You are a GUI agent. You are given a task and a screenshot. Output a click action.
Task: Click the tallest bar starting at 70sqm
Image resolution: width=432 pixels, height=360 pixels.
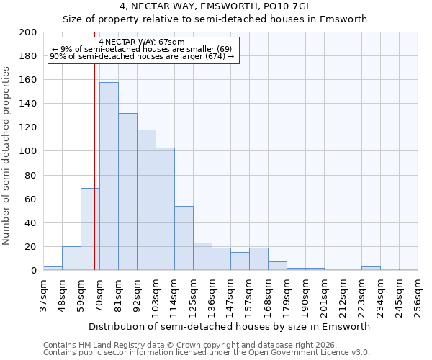[109, 176]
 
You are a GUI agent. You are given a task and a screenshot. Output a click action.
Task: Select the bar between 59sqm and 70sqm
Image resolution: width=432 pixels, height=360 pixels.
[90, 229]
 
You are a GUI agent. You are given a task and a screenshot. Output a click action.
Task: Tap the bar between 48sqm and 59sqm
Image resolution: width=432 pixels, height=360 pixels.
[71, 258]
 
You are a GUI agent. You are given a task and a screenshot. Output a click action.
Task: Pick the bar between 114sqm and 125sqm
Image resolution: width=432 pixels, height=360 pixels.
[184, 238]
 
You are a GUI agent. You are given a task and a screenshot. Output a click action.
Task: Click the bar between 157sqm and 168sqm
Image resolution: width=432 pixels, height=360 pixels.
[258, 259]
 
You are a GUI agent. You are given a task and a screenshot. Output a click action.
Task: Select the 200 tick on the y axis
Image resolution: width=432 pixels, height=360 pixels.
[28, 32]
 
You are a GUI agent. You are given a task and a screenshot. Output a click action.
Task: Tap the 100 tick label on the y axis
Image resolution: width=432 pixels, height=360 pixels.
[28, 151]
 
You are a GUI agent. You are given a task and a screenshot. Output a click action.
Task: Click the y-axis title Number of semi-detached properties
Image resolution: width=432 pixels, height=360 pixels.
[7, 156]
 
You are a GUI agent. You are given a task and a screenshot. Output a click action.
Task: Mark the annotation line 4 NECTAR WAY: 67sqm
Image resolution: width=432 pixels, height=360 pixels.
[142, 42]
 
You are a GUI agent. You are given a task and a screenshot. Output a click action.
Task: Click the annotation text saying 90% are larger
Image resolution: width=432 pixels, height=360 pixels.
[142, 56]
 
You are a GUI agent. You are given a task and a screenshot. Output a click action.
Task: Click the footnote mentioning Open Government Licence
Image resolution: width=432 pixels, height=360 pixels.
[206, 353]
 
